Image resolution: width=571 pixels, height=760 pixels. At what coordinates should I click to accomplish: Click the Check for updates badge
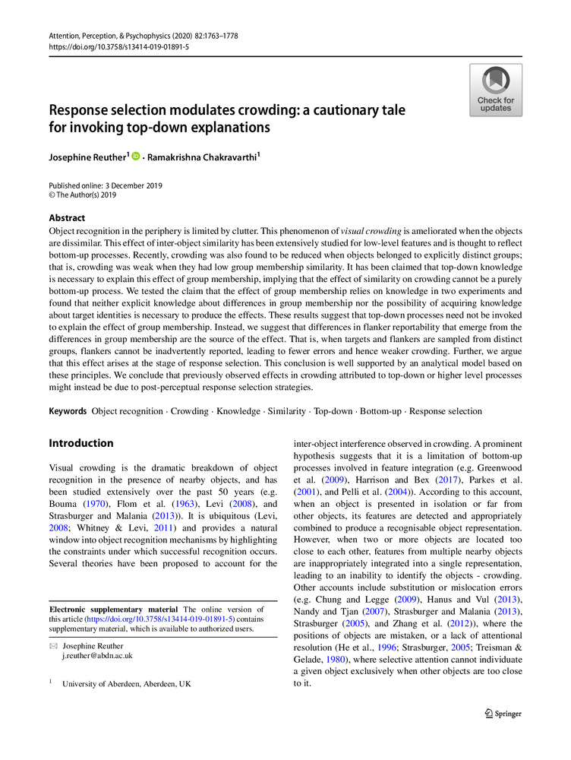[x=496, y=90]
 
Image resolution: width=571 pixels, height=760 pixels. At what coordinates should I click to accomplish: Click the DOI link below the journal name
[x=119, y=46]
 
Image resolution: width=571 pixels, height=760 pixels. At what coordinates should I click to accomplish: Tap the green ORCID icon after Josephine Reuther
[x=137, y=156]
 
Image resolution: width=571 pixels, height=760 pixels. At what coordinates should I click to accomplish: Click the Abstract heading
[x=67, y=217]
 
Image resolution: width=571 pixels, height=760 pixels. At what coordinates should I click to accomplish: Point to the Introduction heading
[x=81, y=443]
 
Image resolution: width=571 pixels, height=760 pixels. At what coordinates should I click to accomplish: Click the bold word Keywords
[x=68, y=411]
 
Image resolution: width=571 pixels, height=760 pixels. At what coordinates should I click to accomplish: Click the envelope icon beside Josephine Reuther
[x=53, y=645]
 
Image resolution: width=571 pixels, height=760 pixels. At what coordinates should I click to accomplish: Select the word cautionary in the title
[x=338, y=110]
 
